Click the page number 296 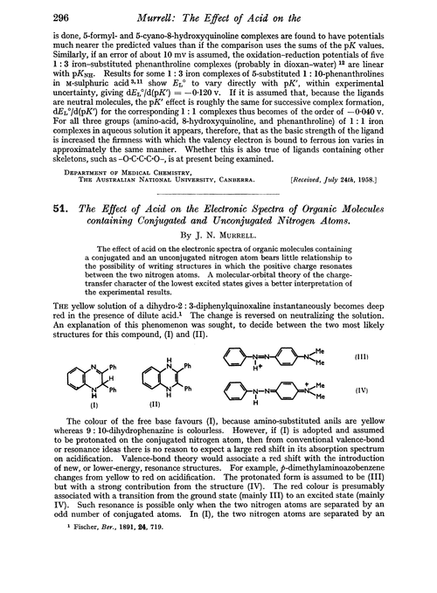pos(32,10)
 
